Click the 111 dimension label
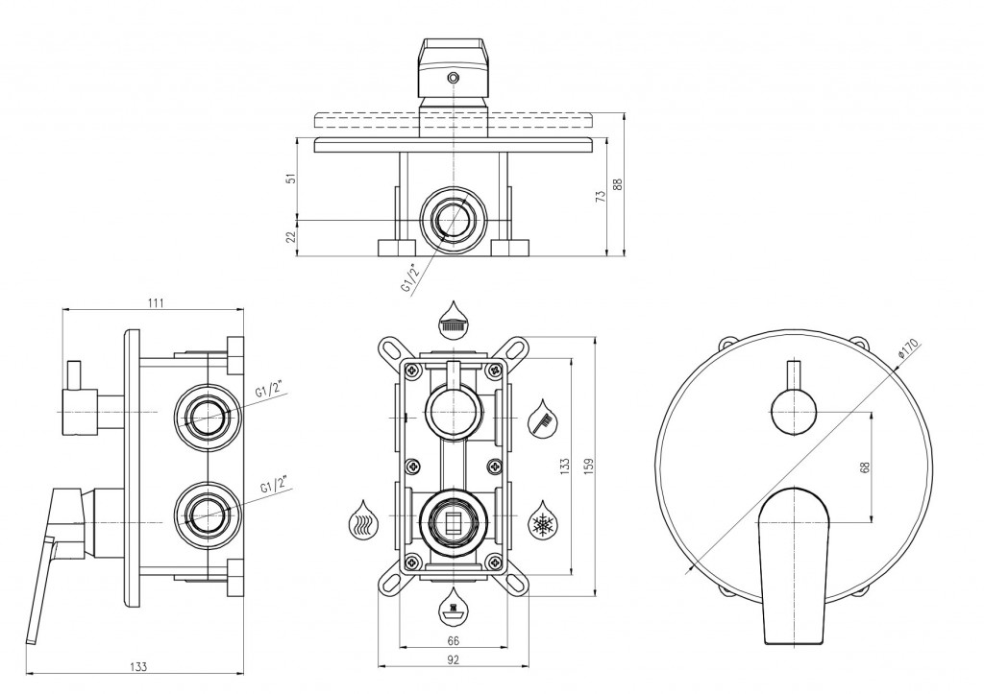(156, 302)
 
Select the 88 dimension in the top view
(618, 184)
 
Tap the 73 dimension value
(601, 196)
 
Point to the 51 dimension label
(290, 178)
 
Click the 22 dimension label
(290, 236)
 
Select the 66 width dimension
(454, 640)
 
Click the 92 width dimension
(454, 659)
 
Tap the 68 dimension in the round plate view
(866, 467)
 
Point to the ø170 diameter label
(908, 348)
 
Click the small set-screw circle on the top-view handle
(453, 78)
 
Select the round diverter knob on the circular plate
(793, 412)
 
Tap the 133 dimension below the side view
(138, 666)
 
